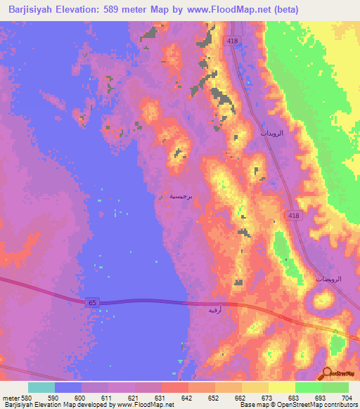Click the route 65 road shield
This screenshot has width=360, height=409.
point(92,301)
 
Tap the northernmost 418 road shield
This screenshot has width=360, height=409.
point(233,42)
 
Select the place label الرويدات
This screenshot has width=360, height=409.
point(271,133)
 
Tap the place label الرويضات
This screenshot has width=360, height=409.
point(328,279)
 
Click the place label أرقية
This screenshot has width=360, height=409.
point(215,309)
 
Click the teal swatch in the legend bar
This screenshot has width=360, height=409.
point(41,387)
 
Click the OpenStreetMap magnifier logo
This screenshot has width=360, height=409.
point(327,373)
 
